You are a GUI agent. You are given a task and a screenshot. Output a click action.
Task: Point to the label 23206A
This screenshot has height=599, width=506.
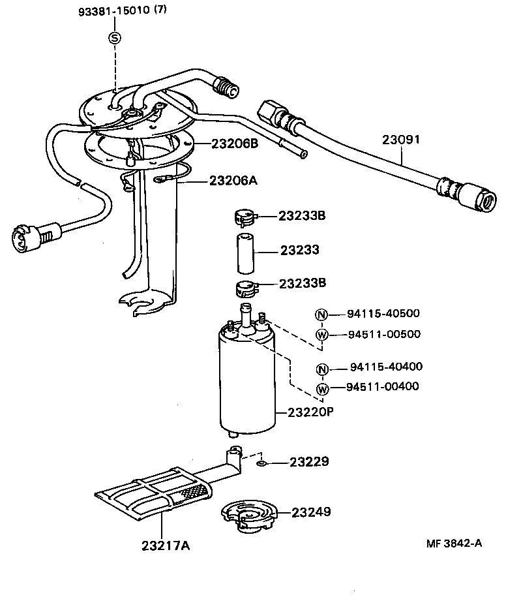click(234, 181)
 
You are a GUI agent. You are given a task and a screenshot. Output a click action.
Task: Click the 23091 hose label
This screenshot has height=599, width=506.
click(401, 140)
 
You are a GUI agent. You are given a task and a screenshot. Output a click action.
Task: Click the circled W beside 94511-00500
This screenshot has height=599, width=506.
click(321, 335)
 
